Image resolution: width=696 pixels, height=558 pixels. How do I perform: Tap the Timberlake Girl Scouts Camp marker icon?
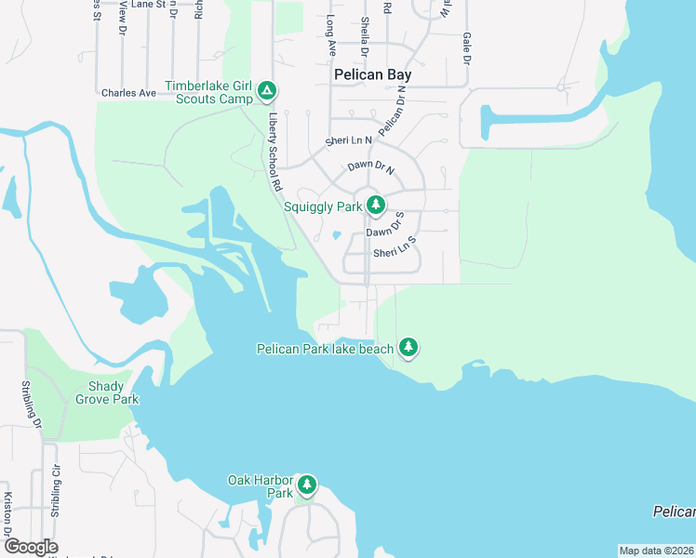[267, 90]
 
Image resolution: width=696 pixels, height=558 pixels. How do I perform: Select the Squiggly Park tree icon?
[375, 205]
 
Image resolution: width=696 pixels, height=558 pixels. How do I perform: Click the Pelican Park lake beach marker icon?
[408, 348]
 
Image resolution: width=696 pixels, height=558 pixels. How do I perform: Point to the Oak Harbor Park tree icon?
[306, 485]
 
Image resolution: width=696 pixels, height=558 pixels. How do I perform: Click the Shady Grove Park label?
[114, 392]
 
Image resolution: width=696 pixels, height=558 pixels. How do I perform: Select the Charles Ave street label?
[128, 93]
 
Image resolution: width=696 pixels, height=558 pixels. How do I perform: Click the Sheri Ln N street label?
[348, 140]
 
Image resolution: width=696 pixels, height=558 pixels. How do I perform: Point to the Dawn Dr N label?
[371, 168]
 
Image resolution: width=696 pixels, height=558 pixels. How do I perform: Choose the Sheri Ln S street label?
[395, 248]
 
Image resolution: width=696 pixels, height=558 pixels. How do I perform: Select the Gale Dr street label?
[467, 46]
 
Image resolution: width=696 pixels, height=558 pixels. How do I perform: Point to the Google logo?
[30, 547]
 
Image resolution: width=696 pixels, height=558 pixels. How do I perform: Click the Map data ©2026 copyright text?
[657, 551]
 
